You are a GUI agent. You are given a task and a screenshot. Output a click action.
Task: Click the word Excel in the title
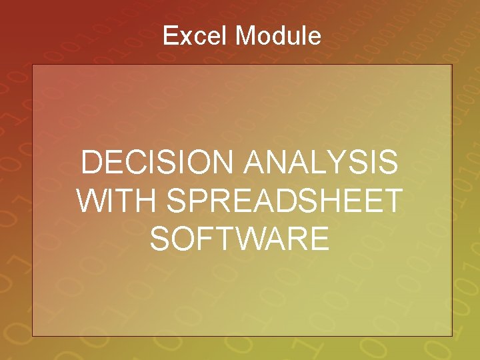click(x=196, y=35)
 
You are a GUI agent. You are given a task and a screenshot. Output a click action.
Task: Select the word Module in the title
click(x=278, y=35)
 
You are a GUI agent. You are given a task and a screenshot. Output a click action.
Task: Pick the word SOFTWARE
click(x=240, y=239)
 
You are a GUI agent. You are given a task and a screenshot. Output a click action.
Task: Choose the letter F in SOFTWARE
click(x=207, y=239)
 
